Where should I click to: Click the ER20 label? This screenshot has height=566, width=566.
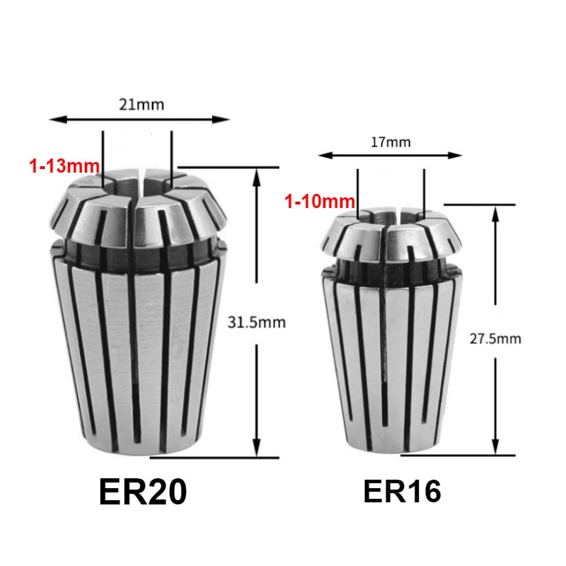pyautogui.click(x=143, y=492)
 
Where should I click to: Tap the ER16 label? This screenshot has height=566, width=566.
pyautogui.click(x=402, y=491)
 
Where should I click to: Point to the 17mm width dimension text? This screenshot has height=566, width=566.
pyautogui.click(x=390, y=141)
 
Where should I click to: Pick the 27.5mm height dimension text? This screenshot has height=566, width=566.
pyautogui.click(x=495, y=338)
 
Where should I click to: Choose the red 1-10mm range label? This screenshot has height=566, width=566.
pyautogui.click(x=319, y=202)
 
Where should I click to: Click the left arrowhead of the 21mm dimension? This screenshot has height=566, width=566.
pyautogui.click(x=53, y=120)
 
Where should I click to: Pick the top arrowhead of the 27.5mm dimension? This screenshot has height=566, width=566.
pyautogui.click(x=496, y=210)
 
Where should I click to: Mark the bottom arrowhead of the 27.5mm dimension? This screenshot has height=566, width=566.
pyautogui.click(x=496, y=450)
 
